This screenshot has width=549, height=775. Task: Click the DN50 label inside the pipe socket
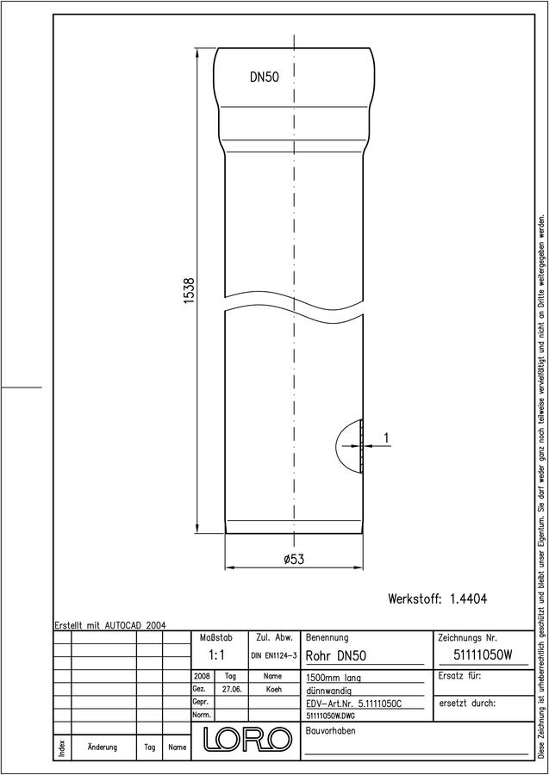(264, 77)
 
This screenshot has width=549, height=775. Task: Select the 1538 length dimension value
(189, 290)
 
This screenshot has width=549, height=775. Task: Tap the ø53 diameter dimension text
(294, 559)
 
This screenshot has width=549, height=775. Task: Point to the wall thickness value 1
(386, 437)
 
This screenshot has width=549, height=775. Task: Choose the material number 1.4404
(468, 598)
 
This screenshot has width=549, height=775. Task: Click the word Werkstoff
(415, 598)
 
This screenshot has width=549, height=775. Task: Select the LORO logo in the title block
(246, 740)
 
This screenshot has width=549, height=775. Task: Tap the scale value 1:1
(216, 655)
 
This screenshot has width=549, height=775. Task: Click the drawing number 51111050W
(483, 655)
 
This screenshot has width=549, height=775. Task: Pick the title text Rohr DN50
(336, 656)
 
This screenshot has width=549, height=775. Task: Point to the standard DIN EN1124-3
(274, 656)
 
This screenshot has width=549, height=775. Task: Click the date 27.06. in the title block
(232, 689)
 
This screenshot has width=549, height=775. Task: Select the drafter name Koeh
(273, 689)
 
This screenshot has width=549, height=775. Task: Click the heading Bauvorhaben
(330, 731)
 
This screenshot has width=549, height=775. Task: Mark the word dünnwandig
(329, 691)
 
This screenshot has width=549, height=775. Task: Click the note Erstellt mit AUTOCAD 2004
(110, 625)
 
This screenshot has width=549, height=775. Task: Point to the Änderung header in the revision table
(103, 747)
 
